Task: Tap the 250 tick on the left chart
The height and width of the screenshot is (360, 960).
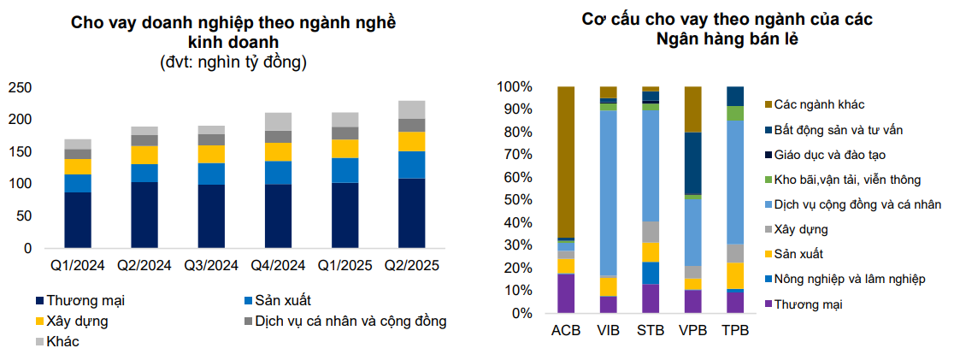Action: [21, 88]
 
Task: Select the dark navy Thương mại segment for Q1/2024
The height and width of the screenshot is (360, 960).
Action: [78, 220]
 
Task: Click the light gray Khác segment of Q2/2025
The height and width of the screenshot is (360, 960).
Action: [411, 109]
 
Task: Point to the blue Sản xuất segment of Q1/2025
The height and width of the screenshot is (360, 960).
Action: [345, 170]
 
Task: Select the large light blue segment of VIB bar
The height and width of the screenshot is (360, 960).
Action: [608, 193]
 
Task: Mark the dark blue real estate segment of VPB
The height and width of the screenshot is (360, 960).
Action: [692, 163]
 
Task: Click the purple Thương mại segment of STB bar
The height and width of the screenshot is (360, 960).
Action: [651, 298]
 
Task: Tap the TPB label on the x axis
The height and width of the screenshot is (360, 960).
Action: [735, 331]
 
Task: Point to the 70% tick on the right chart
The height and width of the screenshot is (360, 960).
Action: [515, 155]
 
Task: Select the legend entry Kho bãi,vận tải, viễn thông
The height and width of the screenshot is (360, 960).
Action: [843, 180]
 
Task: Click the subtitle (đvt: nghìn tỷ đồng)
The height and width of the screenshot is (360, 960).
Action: [233, 62]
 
